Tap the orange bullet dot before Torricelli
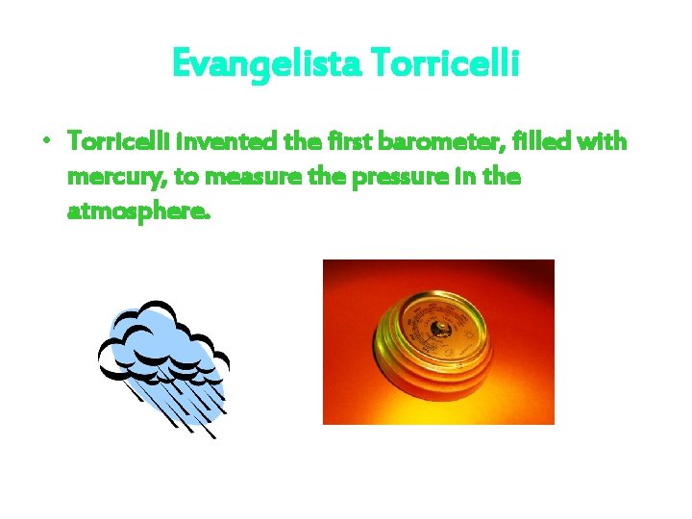(x=46, y=140)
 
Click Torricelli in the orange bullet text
(x=111, y=141)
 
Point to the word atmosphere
(x=136, y=210)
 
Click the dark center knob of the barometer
(x=439, y=329)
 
